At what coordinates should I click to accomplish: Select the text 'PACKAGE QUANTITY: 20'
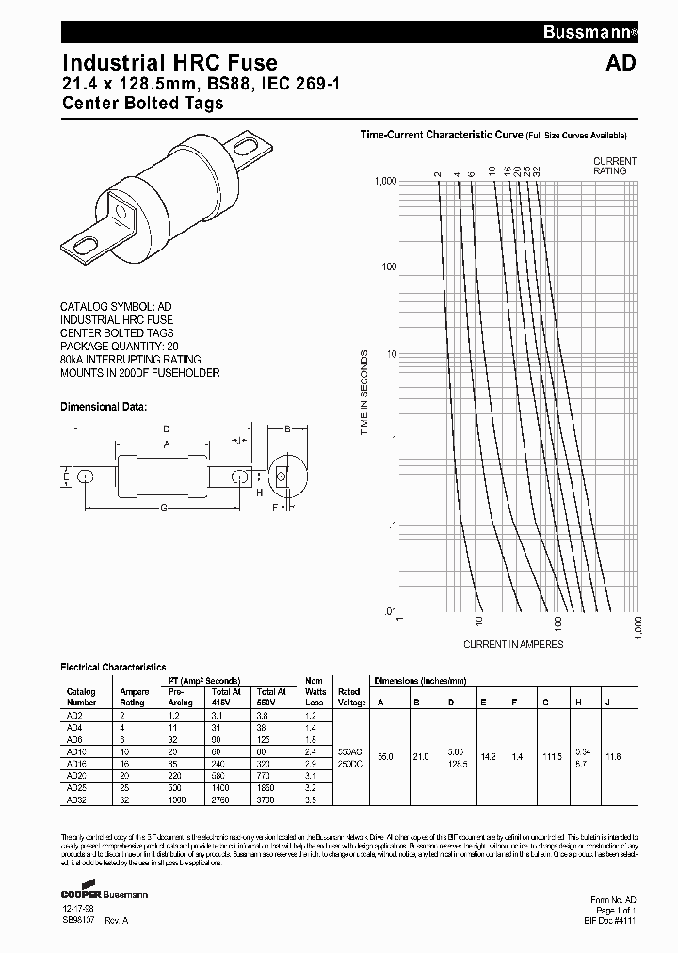coord(120,347)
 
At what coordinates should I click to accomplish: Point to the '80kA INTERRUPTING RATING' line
coord(131,360)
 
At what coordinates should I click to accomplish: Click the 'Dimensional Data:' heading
coord(104,407)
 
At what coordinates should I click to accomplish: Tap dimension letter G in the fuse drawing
coord(163,509)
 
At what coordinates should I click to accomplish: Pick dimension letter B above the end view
coord(286,429)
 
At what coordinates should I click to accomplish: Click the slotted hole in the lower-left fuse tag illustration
coord(86,247)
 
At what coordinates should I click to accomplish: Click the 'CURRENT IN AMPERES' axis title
coord(513,644)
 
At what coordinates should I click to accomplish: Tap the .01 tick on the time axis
coord(390,611)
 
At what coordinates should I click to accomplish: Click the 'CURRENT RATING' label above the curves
coord(615,166)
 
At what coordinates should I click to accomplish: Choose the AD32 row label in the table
coord(76,800)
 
